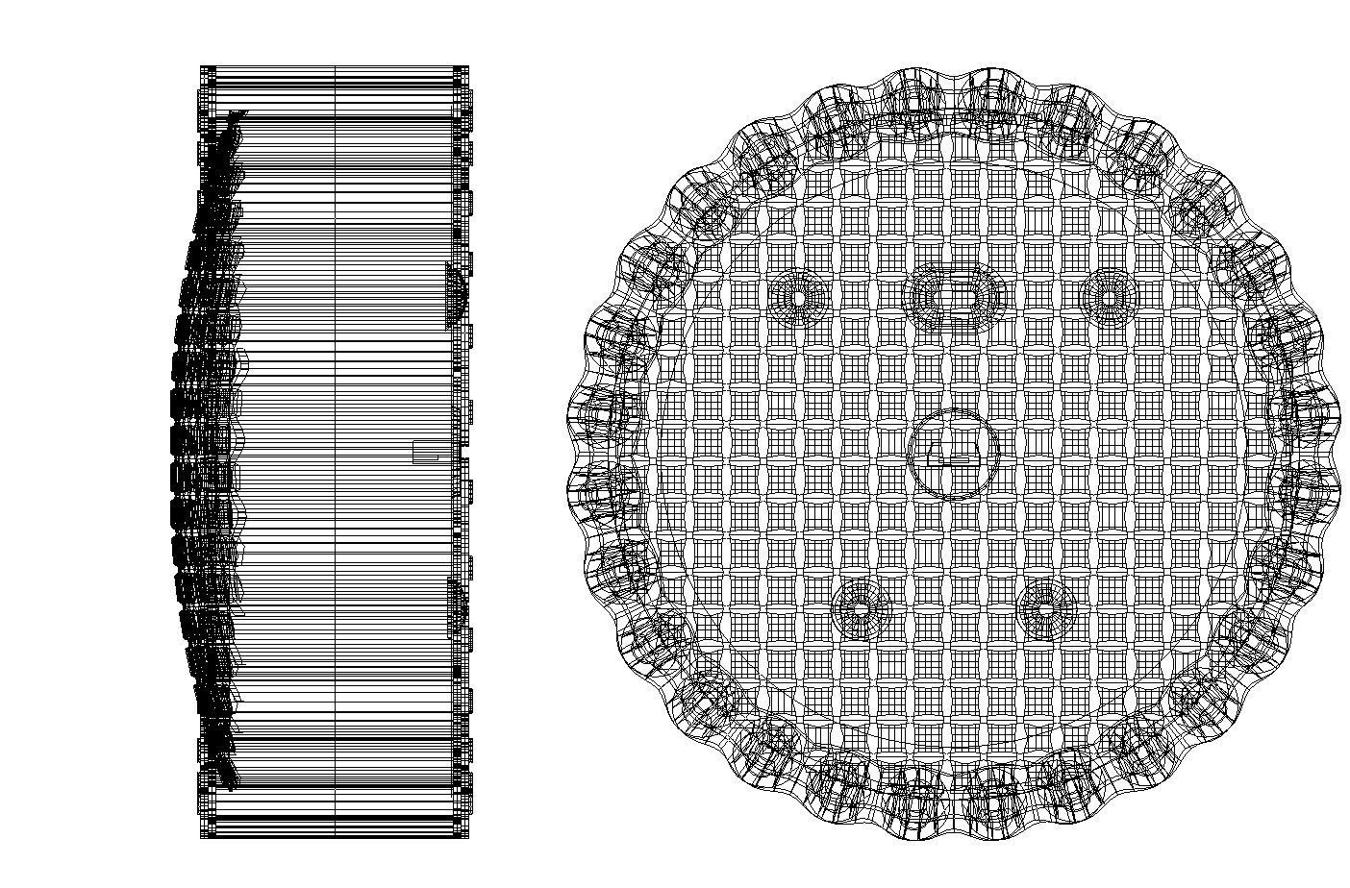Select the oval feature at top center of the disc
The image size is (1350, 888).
pos(955,295)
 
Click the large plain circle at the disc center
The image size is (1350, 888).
pos(954,455)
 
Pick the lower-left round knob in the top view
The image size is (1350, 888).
pos(862,607)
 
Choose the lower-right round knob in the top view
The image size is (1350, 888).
pos(1046,607)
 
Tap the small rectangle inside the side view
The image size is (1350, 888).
pos(425,452)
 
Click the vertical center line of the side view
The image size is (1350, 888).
pos(335,452)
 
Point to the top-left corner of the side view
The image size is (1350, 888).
pos(201,67)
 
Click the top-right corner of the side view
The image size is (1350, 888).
pos(468,67)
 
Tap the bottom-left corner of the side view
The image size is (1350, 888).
pos(201,837)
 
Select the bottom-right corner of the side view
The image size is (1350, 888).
pos(468,837)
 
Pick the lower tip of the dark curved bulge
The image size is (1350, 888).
pos(231,783)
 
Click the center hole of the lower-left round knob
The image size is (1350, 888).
pos(862,607)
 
